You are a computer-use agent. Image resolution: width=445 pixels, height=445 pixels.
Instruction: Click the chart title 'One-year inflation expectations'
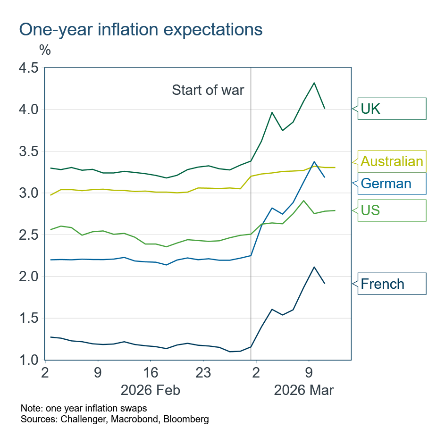coord(141,29)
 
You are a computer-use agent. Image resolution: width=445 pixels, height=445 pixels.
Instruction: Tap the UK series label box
coord(392,109)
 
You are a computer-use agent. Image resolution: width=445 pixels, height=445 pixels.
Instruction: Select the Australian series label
coord(392,162)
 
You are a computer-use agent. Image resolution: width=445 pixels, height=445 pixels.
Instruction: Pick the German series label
coord(392,183)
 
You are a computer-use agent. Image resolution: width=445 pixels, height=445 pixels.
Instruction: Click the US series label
coord(392,210)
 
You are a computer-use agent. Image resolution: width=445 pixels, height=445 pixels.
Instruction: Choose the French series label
coord(392,284)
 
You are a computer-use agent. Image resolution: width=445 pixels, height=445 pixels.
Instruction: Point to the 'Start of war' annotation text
coord(208,90)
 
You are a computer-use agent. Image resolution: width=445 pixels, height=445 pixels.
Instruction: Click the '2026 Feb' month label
coord(151,390)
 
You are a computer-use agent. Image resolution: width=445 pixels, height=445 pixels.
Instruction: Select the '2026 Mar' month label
coord(303,390)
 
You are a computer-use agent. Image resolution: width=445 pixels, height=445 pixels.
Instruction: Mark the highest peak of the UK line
coord(314,83)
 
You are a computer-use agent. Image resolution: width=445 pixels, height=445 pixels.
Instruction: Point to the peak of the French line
coord(314,267)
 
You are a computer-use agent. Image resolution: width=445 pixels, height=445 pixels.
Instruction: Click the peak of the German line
coord(314,162)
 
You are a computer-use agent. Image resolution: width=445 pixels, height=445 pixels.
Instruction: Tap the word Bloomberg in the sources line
coord(186,419)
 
